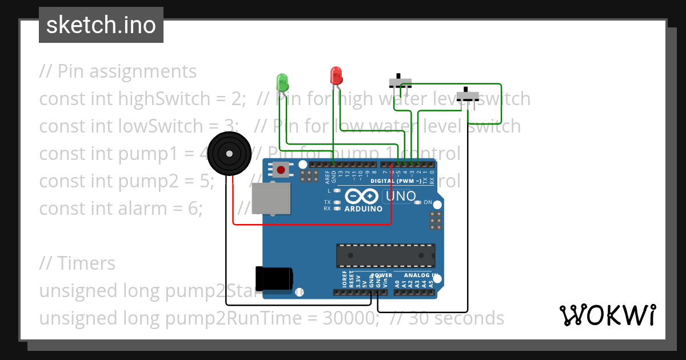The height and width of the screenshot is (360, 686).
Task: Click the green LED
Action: [282, 82]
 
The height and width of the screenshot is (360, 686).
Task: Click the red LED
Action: [336, 75]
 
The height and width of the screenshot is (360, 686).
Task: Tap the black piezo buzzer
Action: [229, 153]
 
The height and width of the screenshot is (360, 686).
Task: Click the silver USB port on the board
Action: [272, 199]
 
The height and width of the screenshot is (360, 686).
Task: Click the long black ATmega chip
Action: [385, 255]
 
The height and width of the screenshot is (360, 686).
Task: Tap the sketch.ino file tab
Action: [101, 25]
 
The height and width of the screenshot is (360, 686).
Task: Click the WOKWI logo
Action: [607, 315]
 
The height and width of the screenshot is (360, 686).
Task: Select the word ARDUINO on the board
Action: [363, 209]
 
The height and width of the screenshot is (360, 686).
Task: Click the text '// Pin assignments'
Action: [118, 71]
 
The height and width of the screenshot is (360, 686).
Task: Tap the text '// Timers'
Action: [77, 263]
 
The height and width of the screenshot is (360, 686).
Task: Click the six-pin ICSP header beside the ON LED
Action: [436, 220]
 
